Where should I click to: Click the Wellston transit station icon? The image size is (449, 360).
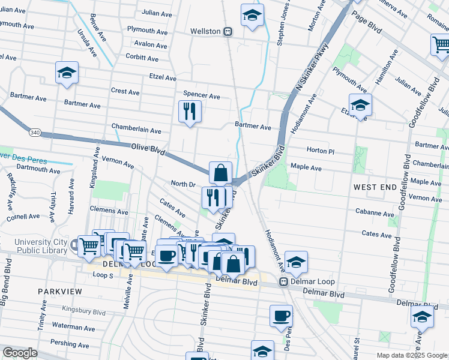pyautogui.click(x=228, y=31)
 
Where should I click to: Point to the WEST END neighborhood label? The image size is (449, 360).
pyautogui.click(x=375, y=187)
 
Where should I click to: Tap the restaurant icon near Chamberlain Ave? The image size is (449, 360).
pyautogui.click(x=190, y=112)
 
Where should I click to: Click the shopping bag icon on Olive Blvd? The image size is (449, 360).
pyautogui.click(x=220, y=172)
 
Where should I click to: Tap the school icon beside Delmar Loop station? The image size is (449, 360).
pyautogui.click(x=296, y=262)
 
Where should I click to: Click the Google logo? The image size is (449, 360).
pyautogui.click(x=20, y=353)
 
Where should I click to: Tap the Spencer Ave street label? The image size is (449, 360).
pyautogui.click(x=202, y=96)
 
